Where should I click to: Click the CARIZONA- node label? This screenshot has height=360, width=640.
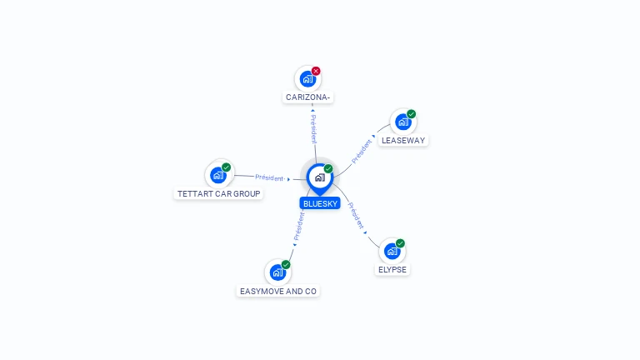click(307, 97)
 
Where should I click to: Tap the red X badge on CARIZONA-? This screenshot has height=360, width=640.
click(316, 71)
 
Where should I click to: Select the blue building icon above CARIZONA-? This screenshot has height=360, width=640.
click(307, 79)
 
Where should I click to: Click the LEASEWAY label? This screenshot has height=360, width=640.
click(403, 140)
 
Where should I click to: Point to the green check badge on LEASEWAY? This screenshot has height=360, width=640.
click(411, 114)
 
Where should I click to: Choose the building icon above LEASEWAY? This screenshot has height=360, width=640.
click(403, 122)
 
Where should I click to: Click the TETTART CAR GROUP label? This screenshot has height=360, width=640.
click(219, 194)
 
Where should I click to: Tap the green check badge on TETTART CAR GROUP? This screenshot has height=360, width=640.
click(226, 167)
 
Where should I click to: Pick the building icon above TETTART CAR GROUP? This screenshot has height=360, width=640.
click(218, 176)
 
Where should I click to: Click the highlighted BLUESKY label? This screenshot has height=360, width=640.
click(320, 203)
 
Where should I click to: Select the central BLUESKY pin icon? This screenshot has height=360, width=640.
click(320, 178)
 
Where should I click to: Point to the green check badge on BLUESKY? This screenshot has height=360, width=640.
click(328, 168)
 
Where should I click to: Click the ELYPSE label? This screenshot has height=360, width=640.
click(392, 270)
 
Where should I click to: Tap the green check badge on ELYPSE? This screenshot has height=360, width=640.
click(400, 243)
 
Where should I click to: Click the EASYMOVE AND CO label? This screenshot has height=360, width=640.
click(278, 292)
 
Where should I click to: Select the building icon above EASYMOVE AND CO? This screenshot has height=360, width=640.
click(278, 272)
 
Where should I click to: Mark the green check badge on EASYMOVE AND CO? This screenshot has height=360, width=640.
click(286, 265)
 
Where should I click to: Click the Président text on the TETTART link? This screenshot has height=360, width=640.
click(269, 177)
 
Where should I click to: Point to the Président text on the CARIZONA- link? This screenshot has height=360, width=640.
click(313, 129)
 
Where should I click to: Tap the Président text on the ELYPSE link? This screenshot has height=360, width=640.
click(356, 216)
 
